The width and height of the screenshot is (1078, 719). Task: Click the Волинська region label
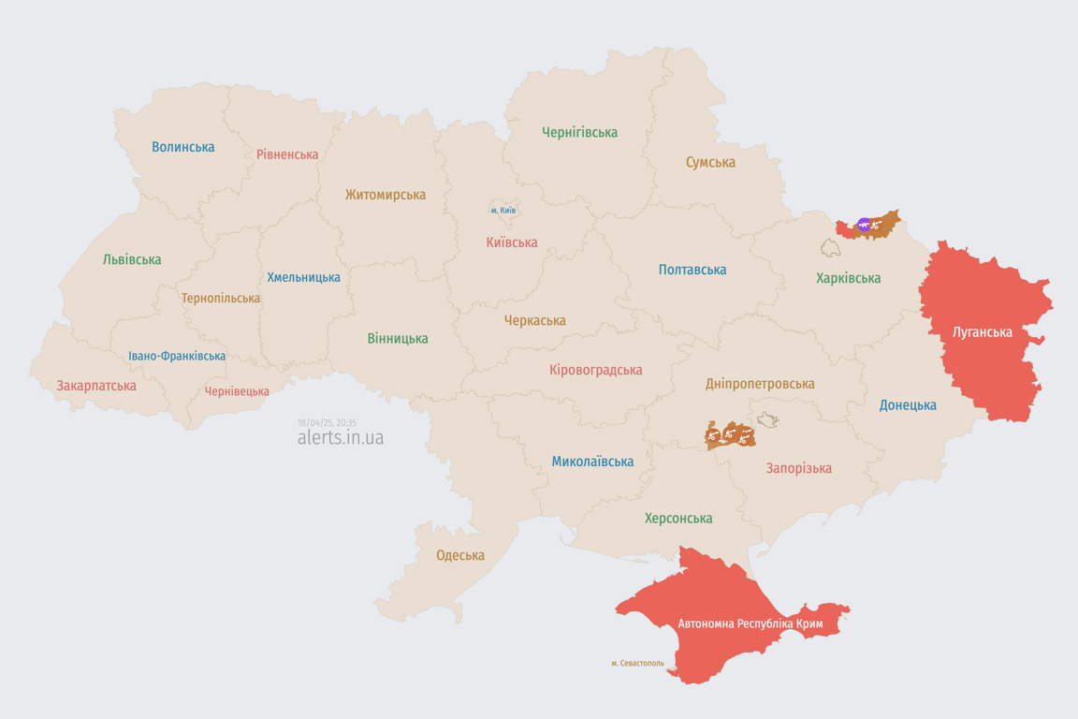[x=183, y=147]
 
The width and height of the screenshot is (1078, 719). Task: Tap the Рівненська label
[x=287, y=154]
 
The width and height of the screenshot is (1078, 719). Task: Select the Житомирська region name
[x=385, y=195]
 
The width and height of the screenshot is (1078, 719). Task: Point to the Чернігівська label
[x=579, y=132]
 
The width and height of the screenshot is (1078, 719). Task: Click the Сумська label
[x=710, y=162]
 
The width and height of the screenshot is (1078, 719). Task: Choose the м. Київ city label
[x=503, y=211]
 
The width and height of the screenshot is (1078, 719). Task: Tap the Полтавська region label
[x=692, y=270]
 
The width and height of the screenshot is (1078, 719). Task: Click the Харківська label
[x=848, y=278]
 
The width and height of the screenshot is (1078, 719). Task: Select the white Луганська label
[x=982, y=331]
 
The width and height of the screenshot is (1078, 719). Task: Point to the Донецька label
[x=908, y=405]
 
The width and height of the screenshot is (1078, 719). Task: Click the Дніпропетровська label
[x=760, y=384]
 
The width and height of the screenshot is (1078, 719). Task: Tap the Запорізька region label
[x=798, y=468]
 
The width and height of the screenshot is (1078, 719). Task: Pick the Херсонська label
[x=678, y=518]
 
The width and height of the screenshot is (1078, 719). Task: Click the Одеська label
[x=460, y=555]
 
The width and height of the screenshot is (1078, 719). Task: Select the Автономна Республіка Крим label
[x=750, y=624]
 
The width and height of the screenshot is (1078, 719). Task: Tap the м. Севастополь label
[x=637, y=664]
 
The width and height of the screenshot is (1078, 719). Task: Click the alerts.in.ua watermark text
[x=341, y=438]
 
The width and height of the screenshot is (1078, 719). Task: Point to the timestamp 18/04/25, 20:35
[x=327, y=423]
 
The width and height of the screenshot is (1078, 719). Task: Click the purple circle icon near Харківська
[x=864, y=225]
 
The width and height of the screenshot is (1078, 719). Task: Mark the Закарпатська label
[x=96, y=386]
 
